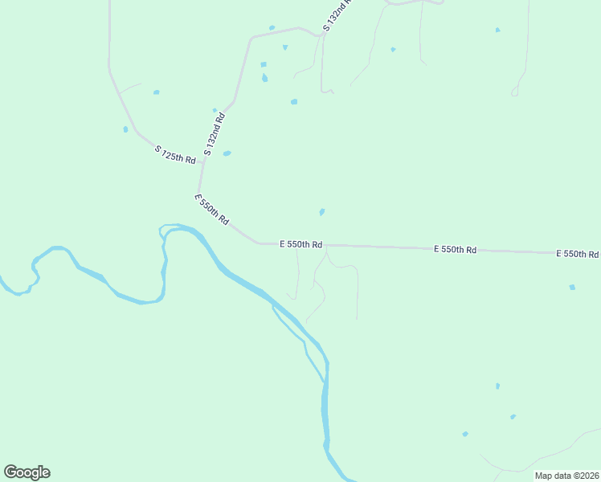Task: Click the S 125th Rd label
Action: point(175,154)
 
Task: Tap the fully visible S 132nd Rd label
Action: point(214,134)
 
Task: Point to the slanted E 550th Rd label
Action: point(212,209)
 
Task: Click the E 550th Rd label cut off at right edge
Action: point(577,254)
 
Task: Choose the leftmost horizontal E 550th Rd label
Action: point(300,243)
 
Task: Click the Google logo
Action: point(27,472)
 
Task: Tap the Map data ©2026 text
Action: point(566,476)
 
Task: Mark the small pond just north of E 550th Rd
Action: point(321,212)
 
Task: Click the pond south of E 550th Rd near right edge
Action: point(572,287)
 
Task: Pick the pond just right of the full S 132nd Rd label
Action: point(227,153)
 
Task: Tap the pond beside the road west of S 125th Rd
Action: point(125,129)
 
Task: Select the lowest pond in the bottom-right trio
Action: point(465,435)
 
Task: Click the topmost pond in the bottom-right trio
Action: point(497,386)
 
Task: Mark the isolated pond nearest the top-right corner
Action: point(497,31)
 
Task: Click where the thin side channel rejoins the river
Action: point(325,382)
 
